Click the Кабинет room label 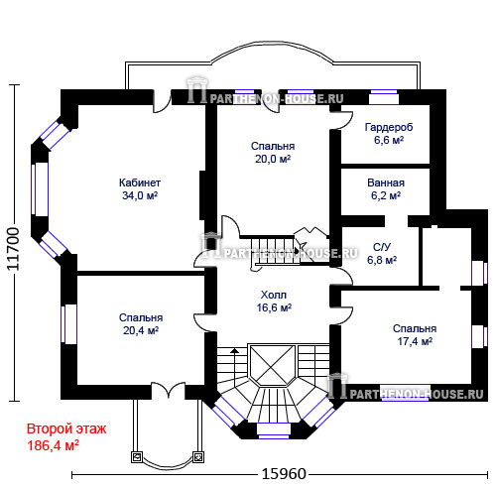140,183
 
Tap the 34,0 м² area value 140,195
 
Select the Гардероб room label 389,127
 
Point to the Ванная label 386,183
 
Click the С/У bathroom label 382,247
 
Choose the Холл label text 274,295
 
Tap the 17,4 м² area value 415,341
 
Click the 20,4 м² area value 141,330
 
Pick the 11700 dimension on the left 13,249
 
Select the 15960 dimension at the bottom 284,474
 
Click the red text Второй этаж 66,428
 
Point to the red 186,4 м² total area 53,445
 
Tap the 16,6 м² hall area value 274,307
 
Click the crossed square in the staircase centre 272,365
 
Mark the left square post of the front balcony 137,457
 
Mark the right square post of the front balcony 198,457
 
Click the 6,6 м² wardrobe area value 389,140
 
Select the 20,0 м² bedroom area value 273,159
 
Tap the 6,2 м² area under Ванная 386,195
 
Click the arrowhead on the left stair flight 234,350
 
